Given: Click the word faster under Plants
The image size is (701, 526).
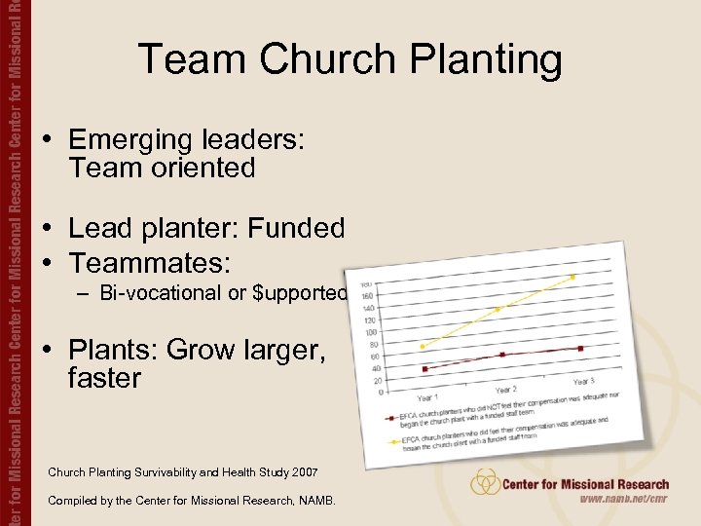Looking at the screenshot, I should coord(105,378).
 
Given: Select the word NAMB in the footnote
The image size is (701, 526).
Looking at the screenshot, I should coord(313,501).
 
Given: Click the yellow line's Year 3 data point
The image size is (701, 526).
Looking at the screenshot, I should coord(573,278).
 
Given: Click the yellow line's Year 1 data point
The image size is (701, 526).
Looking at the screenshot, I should coord(423,346).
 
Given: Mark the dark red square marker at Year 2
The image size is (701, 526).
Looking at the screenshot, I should coord(502,355).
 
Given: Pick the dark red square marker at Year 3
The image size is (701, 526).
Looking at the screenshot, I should coord(580,349).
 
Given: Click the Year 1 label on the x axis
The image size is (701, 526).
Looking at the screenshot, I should coord(428,398).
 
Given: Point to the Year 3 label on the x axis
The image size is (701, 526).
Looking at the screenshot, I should coord(584,381).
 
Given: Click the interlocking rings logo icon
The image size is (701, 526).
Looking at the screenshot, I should coord(485,483).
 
